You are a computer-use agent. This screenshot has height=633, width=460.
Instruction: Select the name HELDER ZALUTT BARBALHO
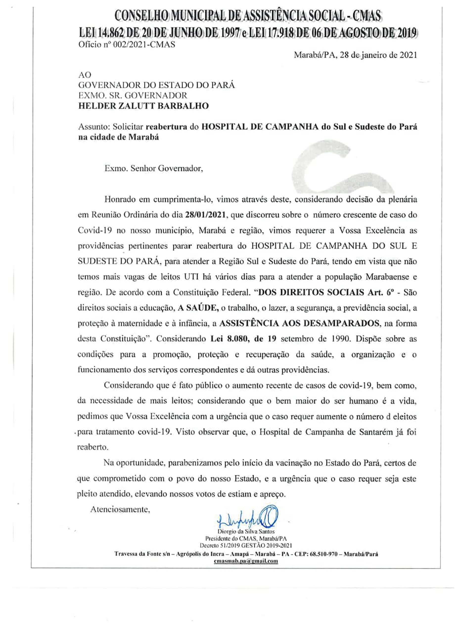pos(143,106)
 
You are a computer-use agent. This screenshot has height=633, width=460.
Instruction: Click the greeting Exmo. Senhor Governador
pos(154,169)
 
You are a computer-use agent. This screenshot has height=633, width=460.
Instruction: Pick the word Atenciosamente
pos(120,510)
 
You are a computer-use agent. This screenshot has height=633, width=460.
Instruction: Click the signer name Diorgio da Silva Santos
pos(246,532)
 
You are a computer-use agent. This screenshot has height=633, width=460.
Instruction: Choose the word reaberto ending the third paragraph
pos(93,447)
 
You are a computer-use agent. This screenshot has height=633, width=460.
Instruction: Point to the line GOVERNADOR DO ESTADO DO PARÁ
pos(157,85)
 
